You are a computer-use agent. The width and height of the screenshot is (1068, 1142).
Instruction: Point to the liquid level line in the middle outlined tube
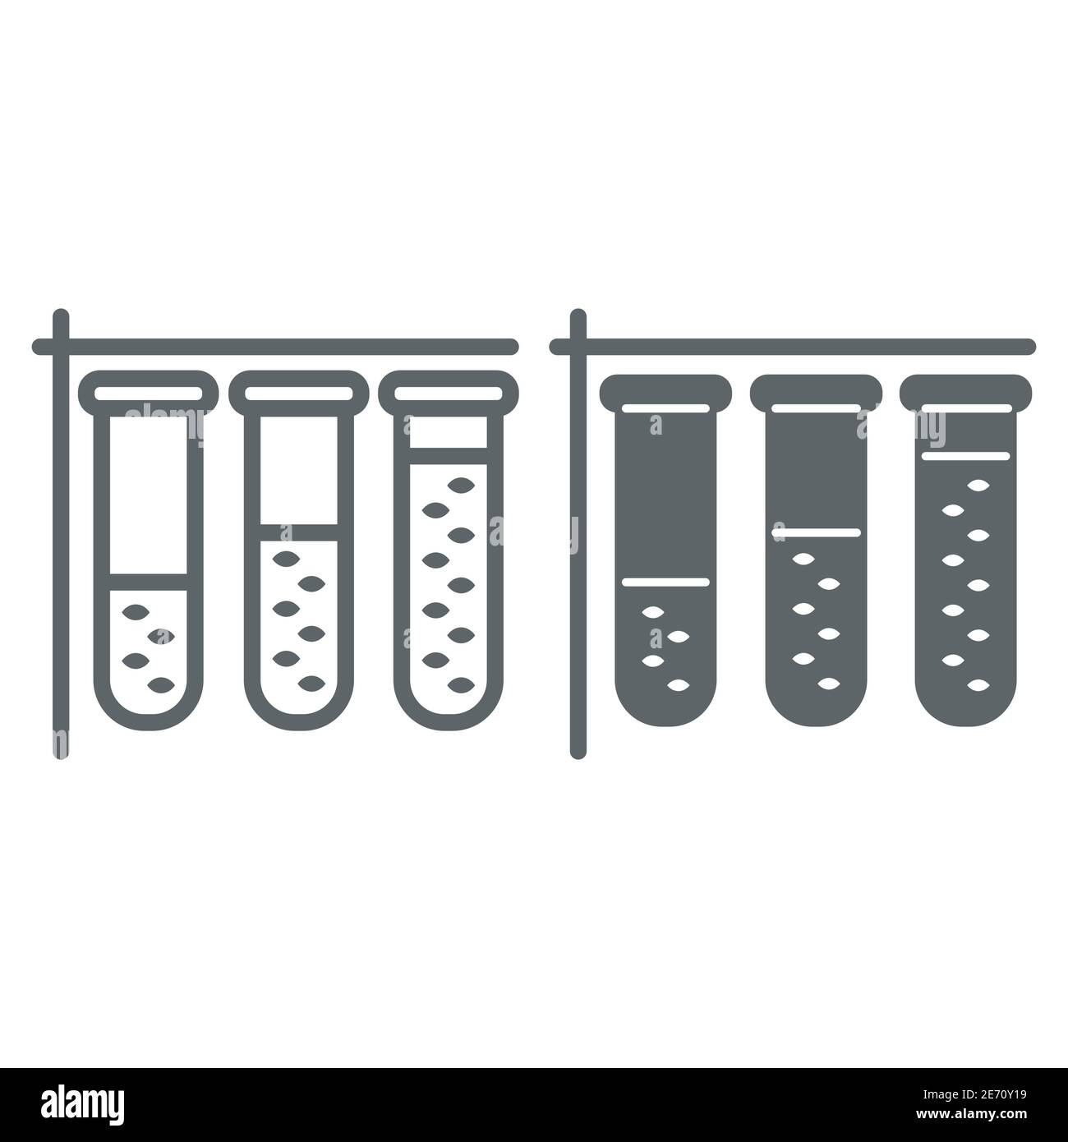(x=298, y=532)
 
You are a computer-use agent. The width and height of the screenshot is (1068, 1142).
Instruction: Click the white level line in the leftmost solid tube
(x=665, y=582)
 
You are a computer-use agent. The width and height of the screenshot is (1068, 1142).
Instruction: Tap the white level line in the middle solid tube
(x=815, y=533)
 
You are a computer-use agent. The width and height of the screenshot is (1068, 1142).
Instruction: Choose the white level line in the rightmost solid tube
(x=964, y=454)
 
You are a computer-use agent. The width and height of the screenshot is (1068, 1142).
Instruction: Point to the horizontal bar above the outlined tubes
(x=279, y=347)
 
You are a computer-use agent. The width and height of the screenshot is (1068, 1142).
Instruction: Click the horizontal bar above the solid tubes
(x=797, y=347)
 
